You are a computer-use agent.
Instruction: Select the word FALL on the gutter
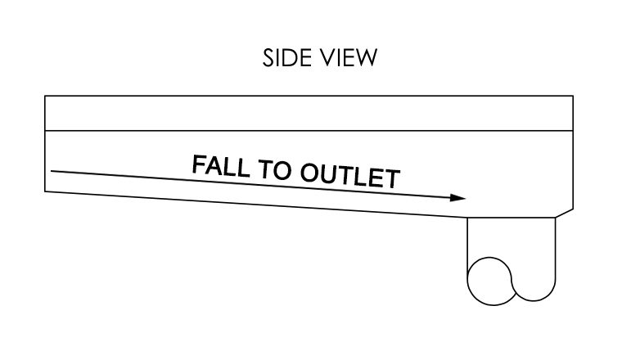point(221,166)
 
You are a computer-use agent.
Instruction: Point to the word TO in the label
point(274,169)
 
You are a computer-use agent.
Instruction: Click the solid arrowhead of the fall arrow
point(457,197)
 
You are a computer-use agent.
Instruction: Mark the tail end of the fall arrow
point(52,171)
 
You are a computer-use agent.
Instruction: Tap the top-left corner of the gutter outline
point(45,96)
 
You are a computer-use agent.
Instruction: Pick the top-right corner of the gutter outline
point(573,96)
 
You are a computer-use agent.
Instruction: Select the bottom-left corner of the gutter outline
point(45,191)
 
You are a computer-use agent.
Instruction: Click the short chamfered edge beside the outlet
point(564,213)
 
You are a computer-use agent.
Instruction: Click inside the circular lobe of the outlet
point(489,281)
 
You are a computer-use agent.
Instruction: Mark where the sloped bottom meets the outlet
point(467,218)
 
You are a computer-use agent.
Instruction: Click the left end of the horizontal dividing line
point(45,130)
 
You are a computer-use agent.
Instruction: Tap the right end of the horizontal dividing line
point(573,130)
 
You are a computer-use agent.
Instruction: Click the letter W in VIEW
point(366,58)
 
